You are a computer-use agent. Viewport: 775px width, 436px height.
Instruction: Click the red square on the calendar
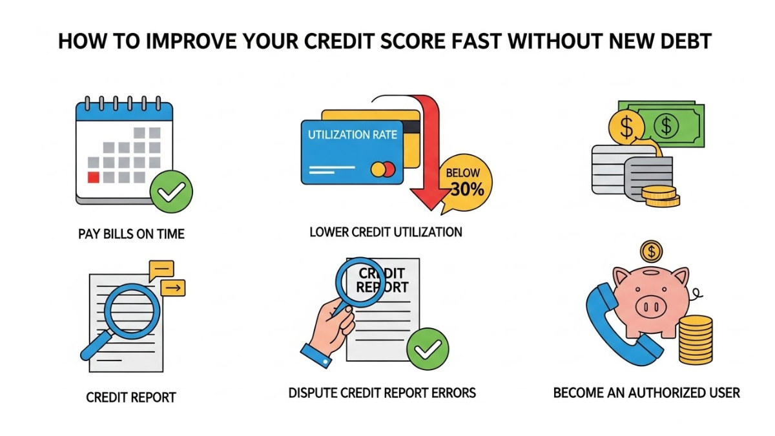coord(94,176)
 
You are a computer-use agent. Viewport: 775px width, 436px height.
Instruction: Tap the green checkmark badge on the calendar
coord(171,192)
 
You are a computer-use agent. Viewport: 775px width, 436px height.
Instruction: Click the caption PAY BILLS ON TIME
coord(131,234)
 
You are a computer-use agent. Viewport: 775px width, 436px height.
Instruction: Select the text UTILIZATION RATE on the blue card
coord(352,135)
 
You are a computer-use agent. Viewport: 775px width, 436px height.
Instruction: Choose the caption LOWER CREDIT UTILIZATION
coord(386,231)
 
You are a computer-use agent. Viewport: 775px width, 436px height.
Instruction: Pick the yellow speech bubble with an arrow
coord(172,287)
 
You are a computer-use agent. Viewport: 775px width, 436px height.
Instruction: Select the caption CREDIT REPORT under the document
coord(131,397)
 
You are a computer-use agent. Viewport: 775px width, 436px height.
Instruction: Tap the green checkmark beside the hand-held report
coord(428,349)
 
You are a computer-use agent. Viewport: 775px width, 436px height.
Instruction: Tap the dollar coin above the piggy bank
coord(651,250)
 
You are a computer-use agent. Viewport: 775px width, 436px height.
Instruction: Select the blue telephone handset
coord(617,323)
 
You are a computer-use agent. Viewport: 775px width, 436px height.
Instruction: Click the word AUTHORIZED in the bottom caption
coord(670,392)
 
